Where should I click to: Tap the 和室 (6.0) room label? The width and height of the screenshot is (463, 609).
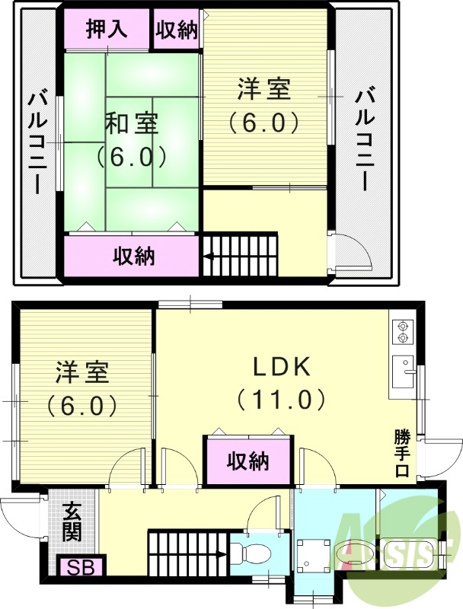click(x=131, y=139)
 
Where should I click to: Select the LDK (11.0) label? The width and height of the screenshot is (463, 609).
click(x=281, y=382)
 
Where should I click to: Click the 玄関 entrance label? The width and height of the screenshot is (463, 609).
click(x=72, y=521)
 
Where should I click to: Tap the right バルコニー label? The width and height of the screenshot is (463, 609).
click(x=363, y=142)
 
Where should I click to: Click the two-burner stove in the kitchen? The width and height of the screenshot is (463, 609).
click(x=401, y=332)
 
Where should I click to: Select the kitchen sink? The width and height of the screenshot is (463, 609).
click(x=401, y=374)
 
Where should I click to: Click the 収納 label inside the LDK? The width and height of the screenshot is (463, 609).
click(x=248, y=461)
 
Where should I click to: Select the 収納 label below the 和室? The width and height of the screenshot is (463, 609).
click(x=134, y=257)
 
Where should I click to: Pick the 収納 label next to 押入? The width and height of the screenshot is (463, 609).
click(x=177, y=30)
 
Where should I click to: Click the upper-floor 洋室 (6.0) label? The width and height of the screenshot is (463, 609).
click(x=263, y=105)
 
